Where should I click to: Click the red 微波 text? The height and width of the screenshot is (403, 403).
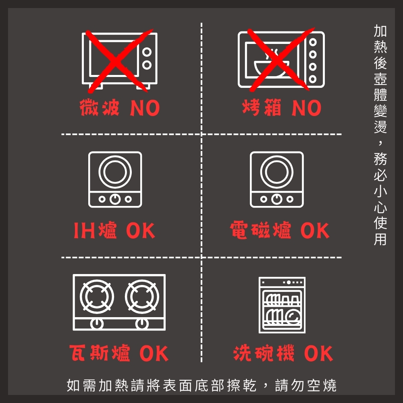pos(100,108)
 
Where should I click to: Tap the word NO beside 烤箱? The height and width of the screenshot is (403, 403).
pos(306,108)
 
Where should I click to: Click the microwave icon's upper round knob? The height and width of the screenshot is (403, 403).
pos(147,52)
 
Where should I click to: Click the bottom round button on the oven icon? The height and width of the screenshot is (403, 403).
pos(313,79)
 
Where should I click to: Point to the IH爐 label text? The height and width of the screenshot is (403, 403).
pos(95,230)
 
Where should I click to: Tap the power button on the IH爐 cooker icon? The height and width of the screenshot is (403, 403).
pos(115,199)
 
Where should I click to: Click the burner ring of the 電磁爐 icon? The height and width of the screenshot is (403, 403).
pos(276,172)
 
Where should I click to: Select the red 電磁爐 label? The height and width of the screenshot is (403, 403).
pos(261,230)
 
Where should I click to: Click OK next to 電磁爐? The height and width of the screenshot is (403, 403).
pos(315,231)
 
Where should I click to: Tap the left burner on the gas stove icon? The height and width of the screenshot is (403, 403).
pos(97,296)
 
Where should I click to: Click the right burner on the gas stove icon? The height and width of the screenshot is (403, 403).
pos(142,296)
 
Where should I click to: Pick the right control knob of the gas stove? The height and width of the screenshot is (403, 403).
pos(142,324)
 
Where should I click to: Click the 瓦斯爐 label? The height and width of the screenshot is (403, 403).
pos(100,353)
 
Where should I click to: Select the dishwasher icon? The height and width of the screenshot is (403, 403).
pos(282,305)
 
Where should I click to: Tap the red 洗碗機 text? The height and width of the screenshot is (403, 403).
pos(264,353)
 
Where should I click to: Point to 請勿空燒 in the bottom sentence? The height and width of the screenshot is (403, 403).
pos(305,385)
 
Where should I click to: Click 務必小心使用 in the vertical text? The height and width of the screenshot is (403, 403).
pos(380,199)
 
